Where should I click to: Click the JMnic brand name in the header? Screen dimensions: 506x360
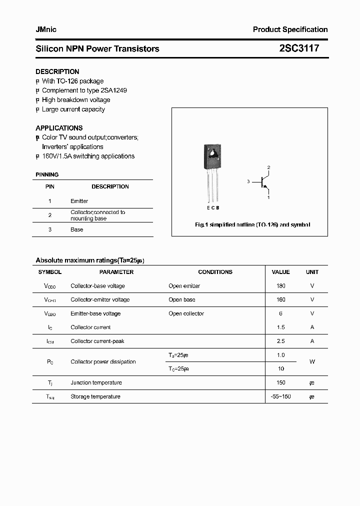coord(46,29)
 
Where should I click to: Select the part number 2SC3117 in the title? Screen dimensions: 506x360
coord(298,48)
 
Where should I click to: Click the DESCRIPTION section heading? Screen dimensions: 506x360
coord(57,71)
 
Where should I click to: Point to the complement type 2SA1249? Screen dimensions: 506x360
coord(113,90)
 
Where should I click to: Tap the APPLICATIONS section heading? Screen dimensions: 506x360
coord(59,128)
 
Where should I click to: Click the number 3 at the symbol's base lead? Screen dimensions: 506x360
coord(248,182)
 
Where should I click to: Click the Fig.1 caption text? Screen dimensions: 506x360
coord(252,225)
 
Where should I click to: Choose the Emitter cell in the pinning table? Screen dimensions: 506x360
coord(79,201)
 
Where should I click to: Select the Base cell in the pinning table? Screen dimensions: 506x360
coord(76,229)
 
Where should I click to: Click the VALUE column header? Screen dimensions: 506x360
coord(280,272)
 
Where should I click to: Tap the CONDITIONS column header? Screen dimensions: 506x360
coord(215,272)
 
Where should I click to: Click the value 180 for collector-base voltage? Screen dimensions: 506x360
coord(280,286)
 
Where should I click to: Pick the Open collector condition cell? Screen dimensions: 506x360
coord(186,313)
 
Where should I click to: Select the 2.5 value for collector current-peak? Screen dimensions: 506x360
coord(280,341)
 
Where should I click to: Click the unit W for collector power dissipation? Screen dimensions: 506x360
coord(312,361)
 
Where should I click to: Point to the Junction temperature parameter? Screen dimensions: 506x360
coord(96,382)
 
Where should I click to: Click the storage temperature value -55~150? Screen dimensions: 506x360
coord(280,396)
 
